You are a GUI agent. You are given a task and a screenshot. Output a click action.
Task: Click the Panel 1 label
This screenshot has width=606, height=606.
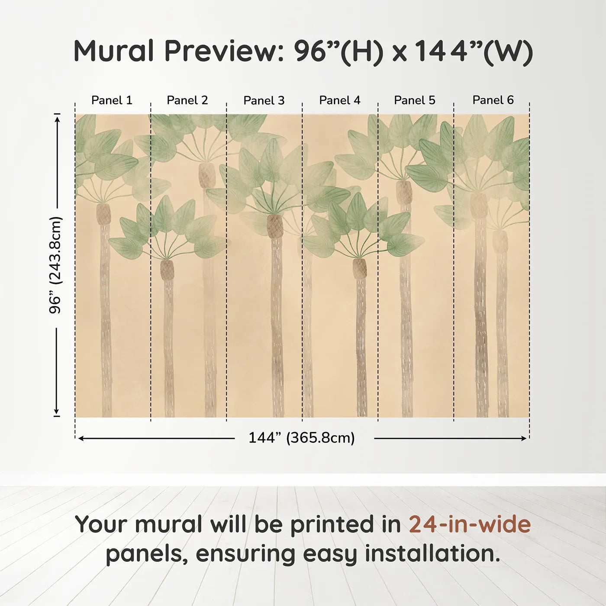tap(112, 100)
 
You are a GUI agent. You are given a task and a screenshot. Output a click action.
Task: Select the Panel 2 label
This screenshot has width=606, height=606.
tap(187, 100)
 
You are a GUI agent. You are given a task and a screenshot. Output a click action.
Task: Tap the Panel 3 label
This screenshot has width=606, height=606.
tap(264, 100)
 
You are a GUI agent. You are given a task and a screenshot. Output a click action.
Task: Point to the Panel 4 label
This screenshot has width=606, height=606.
tap(340, 100)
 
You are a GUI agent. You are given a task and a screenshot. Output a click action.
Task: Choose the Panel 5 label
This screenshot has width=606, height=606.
tap(415, 100)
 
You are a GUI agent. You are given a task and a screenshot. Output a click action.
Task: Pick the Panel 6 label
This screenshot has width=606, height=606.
tap(493, 100)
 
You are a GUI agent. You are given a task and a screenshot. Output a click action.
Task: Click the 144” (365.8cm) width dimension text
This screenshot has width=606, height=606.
tap(302, 438)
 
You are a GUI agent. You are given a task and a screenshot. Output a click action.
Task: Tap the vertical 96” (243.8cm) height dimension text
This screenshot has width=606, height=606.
tap(55, 265)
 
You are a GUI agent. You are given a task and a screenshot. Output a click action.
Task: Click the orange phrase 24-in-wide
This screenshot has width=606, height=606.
tap(470, 524)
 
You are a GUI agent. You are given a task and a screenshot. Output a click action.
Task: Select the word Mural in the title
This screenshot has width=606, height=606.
tap(113, 51)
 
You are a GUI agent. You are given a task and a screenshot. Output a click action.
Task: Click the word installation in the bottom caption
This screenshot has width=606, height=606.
tap(433, 554)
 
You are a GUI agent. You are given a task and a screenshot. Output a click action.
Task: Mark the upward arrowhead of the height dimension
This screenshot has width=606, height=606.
tap(57, 119)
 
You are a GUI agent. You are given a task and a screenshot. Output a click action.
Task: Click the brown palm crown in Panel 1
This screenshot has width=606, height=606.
tap(103, 214)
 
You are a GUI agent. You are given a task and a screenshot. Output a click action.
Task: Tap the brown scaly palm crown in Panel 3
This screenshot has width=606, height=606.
tap(275, 226)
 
